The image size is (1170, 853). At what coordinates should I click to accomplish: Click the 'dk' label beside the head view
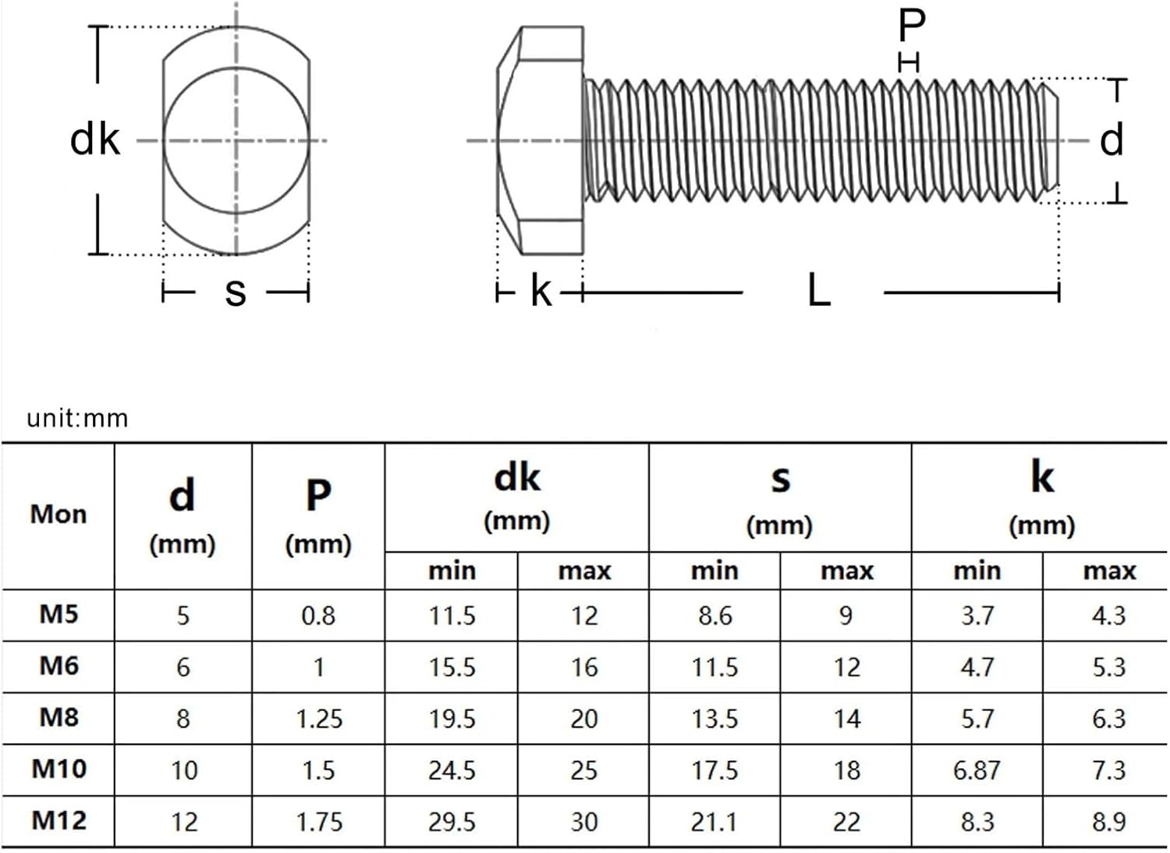click(x=95, y=140)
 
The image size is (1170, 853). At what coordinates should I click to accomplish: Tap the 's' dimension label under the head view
click(x=235, y=292)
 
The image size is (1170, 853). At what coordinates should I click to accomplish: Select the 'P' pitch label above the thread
click(x=911, y=26)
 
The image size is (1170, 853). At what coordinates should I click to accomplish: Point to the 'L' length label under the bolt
click(x=818, y=292)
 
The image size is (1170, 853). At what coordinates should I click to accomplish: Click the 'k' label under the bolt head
click(x=541, y=292)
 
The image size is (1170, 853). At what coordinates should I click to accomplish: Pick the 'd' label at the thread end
click(x=1111, y=140)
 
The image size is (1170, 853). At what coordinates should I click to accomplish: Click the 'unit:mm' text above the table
click(x=77, y=419)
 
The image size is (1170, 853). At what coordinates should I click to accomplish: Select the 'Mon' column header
click(x=58, y=515)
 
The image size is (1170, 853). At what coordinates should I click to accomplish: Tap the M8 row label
click(x=58, y=717)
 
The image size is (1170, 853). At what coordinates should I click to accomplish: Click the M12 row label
click(x=58, y=820)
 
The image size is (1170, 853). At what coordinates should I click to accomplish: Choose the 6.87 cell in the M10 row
click(x=977, y=770)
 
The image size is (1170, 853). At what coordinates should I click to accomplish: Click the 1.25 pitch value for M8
click(x=318, y=719)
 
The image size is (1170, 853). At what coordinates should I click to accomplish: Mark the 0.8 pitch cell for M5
click(x=318, y=616)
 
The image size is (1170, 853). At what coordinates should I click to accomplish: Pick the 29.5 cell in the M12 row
click(x=452, y=822)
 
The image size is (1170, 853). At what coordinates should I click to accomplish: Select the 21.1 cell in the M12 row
click(x=714, y=822)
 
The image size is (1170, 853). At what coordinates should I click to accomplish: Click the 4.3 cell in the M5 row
click(x=1108, y=616)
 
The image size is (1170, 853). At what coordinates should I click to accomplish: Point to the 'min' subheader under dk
click(x=452, y=571)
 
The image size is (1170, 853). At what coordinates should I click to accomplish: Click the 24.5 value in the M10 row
click(x=452, y=770)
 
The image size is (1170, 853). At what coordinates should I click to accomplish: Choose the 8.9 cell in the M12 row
click(x=1108, y=822)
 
